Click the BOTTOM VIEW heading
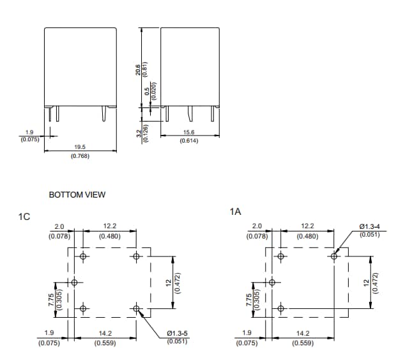(x=77, y=194)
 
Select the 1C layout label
(x=24, y=217)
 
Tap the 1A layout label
(x=235, y=212)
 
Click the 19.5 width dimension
(x=80, y=147)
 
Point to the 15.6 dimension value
(x=188, y=132)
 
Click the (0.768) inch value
(x=80, y=155)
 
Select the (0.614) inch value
(x=188, y=140)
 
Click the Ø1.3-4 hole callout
(x=370, y=226)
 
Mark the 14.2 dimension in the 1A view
(x=303, y=333)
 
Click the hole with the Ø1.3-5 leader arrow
(x=137, y=309)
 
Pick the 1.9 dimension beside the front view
(x=29, y=132)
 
